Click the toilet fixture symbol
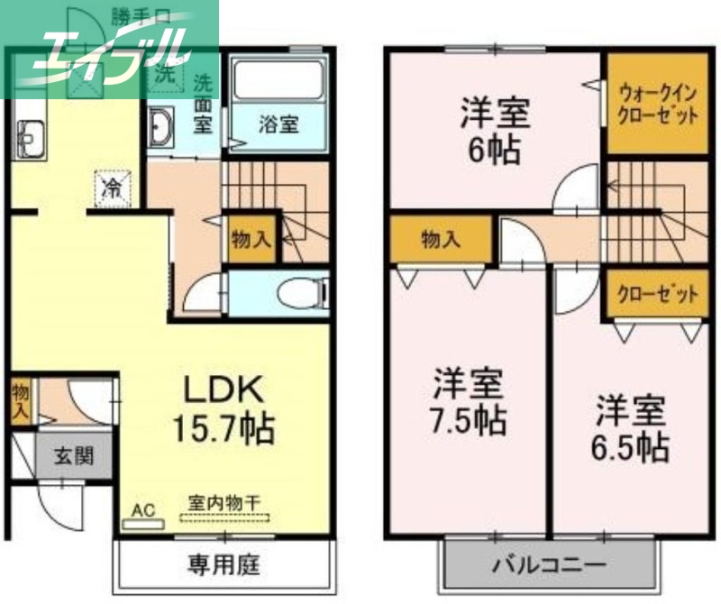[297, 294]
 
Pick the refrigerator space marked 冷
[114, 188]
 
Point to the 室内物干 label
[224, 503]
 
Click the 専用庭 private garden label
[224, 565]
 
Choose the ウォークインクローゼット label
[658, 103]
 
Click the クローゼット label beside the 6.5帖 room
[659, 294]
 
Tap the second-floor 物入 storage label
[441, 240]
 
